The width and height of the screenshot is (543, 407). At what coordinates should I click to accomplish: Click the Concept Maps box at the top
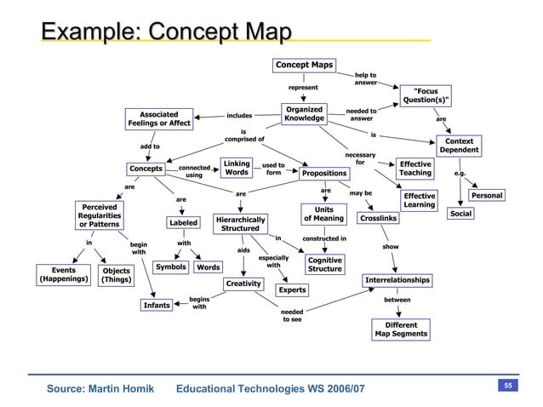304,65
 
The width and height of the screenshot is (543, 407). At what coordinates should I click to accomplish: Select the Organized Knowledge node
305,113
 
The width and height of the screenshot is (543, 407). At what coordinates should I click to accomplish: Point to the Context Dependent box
459,146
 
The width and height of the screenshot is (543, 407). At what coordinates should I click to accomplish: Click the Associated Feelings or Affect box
159,118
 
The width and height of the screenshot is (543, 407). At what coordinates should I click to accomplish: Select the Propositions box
323,174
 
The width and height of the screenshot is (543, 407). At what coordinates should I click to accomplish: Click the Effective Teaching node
415,168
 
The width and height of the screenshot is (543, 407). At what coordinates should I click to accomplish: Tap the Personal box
488,196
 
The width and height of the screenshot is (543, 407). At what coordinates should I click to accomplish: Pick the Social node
460,214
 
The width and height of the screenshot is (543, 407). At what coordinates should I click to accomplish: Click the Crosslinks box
377,220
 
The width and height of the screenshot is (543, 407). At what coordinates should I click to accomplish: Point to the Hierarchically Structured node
241,223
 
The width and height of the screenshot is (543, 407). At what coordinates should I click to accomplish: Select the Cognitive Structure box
325,264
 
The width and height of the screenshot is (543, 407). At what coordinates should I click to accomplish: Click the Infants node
157,305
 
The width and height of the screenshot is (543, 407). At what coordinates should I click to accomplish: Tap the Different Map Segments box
401,329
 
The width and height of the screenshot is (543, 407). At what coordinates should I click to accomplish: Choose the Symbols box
170,267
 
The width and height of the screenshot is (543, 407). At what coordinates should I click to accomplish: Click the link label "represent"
303,87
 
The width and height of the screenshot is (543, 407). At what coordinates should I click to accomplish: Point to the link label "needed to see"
292,316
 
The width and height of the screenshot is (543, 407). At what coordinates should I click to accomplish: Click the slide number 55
506,387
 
